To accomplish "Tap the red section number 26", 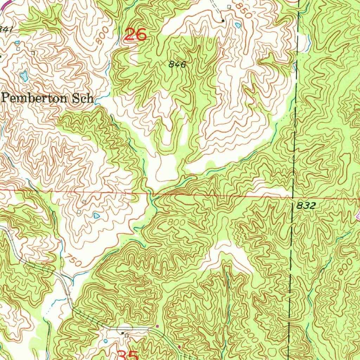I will (136, 35).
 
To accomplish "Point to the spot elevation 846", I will (176, 64).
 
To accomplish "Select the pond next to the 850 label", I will (238, 25).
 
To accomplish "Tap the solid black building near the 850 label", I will (223, 21).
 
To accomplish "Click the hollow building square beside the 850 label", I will (229, 7).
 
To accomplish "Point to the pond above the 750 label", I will (96, 215).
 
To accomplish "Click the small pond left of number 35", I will (106, 341).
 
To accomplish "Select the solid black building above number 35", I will (122, 333).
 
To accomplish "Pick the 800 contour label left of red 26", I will (101, 38).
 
